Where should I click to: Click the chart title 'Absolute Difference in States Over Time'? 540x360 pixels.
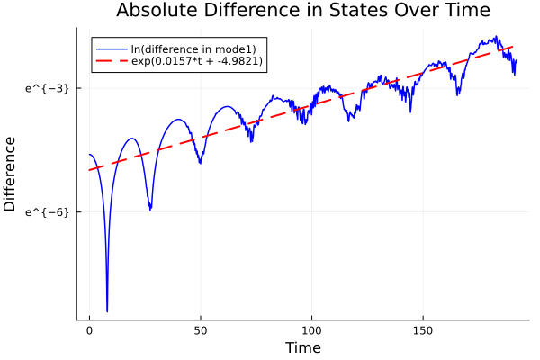click(302, 12)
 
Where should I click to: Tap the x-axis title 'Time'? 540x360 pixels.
click(302, 347)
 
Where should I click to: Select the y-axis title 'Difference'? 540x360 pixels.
click(11, 174)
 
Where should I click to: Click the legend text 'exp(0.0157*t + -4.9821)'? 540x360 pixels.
click(197, 61)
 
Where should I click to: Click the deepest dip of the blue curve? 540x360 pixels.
click(107, 310)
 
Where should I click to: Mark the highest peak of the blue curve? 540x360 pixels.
click(495, 37)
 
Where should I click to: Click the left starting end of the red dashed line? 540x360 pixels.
click(89, 170)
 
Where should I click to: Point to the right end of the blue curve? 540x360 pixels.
click(517, 61)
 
